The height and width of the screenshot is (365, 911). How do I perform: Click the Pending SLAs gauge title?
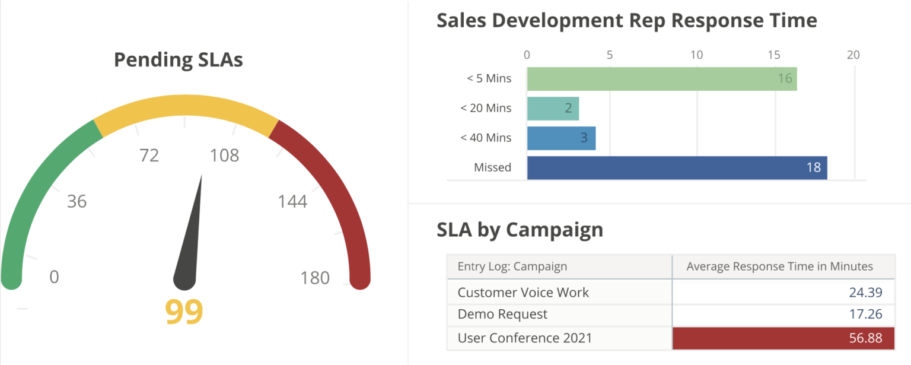coord(178,60)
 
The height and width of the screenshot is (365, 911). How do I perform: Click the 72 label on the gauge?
coord(149,155)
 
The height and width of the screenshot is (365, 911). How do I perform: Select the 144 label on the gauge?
coord(292,202)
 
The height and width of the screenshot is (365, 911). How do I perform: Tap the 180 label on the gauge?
coord(314,278)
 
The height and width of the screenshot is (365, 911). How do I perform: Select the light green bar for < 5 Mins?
coord(661,79)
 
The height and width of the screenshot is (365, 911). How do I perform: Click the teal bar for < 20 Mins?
coord(553,109)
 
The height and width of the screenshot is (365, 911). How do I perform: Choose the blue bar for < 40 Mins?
coord(561,138)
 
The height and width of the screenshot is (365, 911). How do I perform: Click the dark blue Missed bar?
coord(677,167)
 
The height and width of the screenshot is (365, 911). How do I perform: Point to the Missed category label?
coord(492,167)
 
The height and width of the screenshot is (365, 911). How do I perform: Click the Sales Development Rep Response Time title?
coord(626,20)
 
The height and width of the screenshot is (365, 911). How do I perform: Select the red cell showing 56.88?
coord(783,338)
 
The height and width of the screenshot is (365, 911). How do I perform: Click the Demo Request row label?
coord(502,314)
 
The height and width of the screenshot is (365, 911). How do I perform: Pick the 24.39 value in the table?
coord(865,292)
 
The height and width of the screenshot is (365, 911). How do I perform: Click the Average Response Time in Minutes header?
coord(779,266)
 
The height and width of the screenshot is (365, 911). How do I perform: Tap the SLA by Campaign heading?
coord(520,230)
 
